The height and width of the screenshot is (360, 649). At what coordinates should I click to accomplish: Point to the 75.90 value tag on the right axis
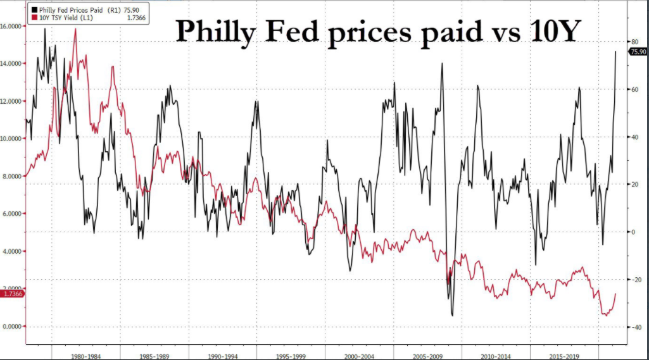[638, 52]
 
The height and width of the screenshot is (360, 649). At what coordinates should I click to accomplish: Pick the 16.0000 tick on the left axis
[13, 26]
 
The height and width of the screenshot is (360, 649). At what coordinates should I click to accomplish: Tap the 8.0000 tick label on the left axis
[13, 177]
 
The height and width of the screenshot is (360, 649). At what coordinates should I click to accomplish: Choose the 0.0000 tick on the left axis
[13, 326]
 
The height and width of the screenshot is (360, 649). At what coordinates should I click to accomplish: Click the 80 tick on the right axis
[634, 42]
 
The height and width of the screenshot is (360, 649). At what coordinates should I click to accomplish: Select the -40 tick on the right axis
[635, 327]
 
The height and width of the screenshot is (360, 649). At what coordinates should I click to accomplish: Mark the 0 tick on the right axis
[633, 232]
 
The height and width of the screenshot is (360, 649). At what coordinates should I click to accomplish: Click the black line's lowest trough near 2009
[453, 315]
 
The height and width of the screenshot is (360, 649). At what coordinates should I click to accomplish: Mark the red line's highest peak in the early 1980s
[76, 29]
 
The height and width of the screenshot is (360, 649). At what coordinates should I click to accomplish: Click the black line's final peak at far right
[616, 52]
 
